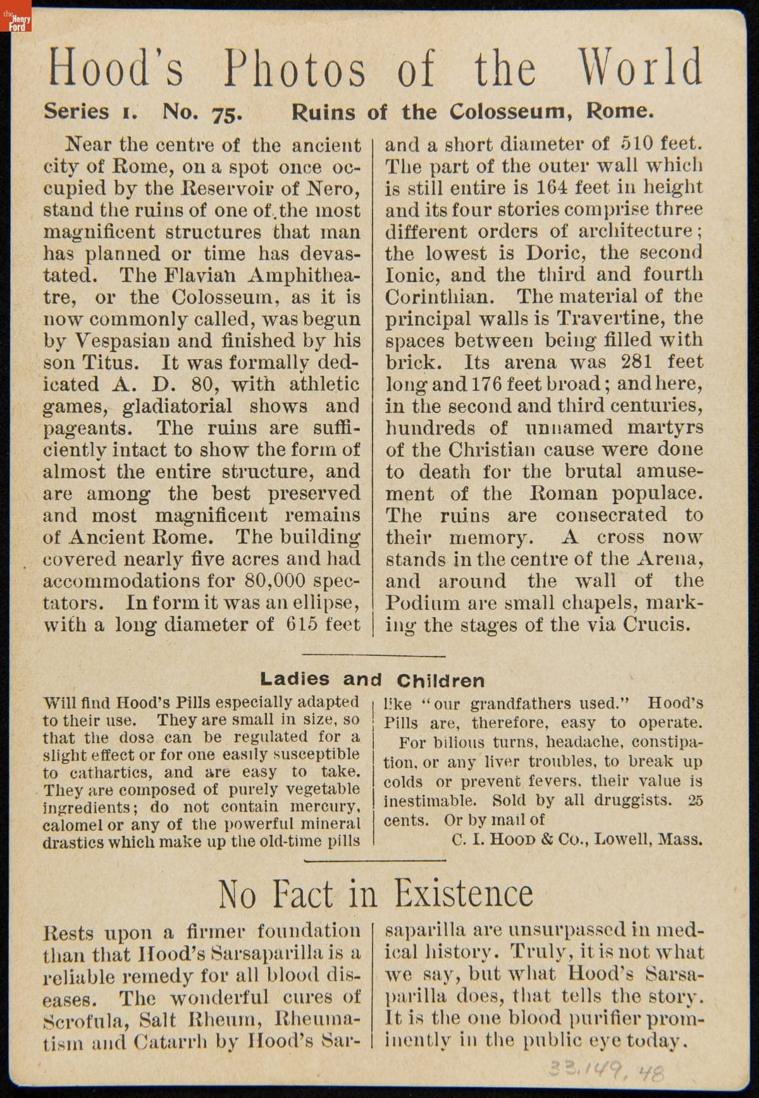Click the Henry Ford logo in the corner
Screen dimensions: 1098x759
[x=16, y=22]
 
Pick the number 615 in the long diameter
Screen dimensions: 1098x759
[x=301, y=625]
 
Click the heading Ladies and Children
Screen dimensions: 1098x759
[x=372, y=680]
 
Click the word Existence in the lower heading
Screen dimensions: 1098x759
[x=464, y=893]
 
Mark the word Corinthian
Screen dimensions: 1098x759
[x=446, y=297]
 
